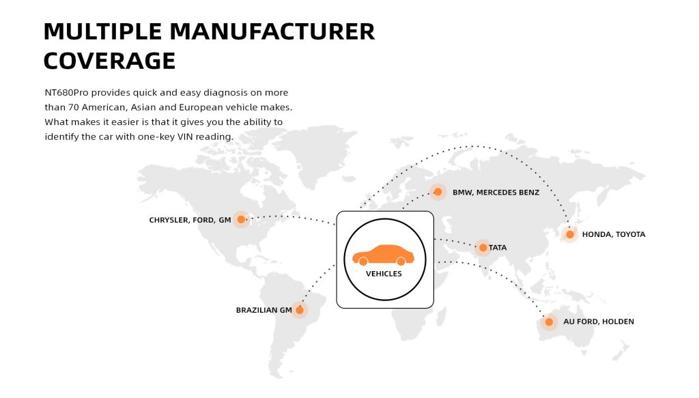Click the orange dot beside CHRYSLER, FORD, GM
pos(240,220)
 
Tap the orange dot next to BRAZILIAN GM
pos(300,310)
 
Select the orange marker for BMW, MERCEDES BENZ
pos(438,193)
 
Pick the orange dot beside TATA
pos(483,247)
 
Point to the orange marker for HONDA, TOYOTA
pos(569,234)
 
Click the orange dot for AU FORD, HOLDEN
pos(549,322)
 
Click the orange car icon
pos(384,255)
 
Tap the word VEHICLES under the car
pos(384,274)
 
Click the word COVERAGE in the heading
pos(109,61)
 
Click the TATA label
pos(498,247)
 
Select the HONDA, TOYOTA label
pos(613,234)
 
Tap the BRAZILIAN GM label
pos(263,310)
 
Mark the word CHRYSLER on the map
pos(169,220)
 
